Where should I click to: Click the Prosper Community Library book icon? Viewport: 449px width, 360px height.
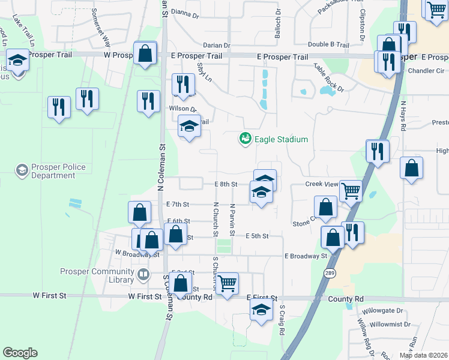(x=143, y=275)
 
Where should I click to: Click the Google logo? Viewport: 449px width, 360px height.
(x=20, y=353)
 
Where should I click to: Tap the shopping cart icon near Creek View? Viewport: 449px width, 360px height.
(x=351, y=191)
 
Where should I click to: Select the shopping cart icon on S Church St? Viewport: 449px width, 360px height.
(x=228, y=284)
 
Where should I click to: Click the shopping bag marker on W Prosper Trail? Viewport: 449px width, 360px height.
(x=145, y=53)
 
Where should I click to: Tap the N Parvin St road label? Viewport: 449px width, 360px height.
(x=232, y=219)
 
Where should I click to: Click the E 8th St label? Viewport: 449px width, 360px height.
(x=227, y=184)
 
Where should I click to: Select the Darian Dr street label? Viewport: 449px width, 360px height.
(x=217, y=45)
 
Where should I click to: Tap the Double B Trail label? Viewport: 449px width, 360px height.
(x=328, y=44)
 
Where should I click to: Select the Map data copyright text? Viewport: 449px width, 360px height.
(x=423, y=355)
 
